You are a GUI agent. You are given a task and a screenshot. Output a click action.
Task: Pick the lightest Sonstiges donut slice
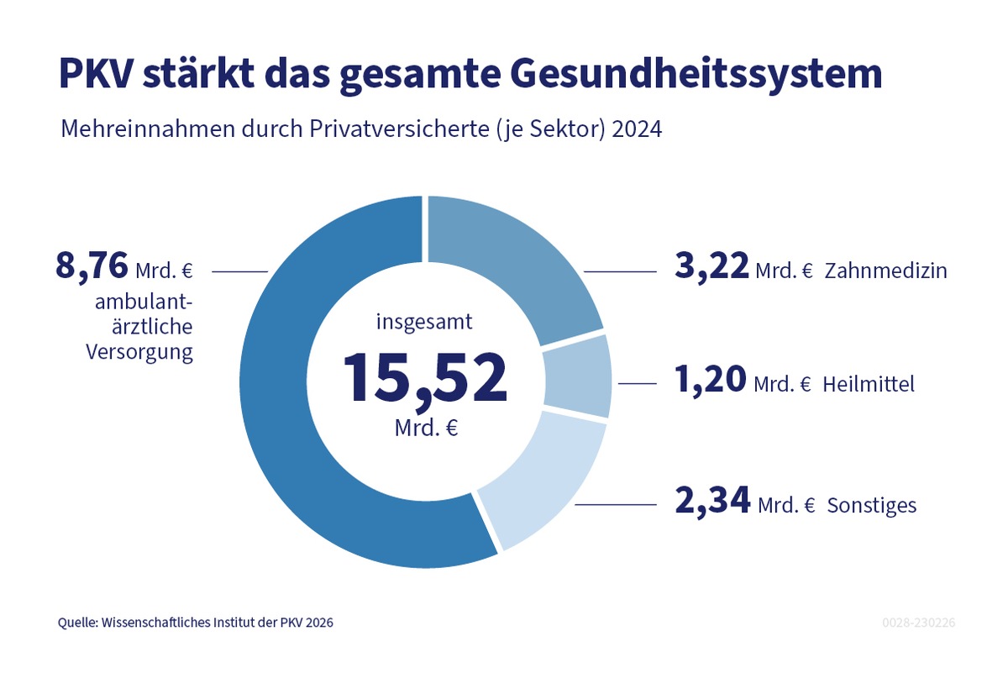tap(546, 479)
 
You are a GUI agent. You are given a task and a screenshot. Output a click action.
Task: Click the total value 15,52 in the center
tap(425, 378)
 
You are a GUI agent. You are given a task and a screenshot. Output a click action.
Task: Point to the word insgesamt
tap(424, 321)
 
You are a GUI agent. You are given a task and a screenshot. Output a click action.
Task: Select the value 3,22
tap(711, 266)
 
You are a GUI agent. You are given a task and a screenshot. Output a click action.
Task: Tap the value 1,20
tap(711, 381)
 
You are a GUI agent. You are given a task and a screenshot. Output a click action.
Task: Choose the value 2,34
tap(712, 502)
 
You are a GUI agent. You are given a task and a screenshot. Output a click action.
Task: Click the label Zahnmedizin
tap(885, 271)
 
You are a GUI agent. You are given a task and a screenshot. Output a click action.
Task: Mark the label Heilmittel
tap(869, 385)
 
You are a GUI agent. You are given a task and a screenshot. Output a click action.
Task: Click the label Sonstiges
tap(871, 506)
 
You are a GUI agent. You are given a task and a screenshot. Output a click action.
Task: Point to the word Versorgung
tap(139, 352)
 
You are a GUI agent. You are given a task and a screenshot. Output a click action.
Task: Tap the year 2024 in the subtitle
tap(638, 131)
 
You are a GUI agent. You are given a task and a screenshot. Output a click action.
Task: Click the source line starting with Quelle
tap(201, 623)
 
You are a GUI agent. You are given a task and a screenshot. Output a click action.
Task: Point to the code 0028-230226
tap(919, 623)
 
